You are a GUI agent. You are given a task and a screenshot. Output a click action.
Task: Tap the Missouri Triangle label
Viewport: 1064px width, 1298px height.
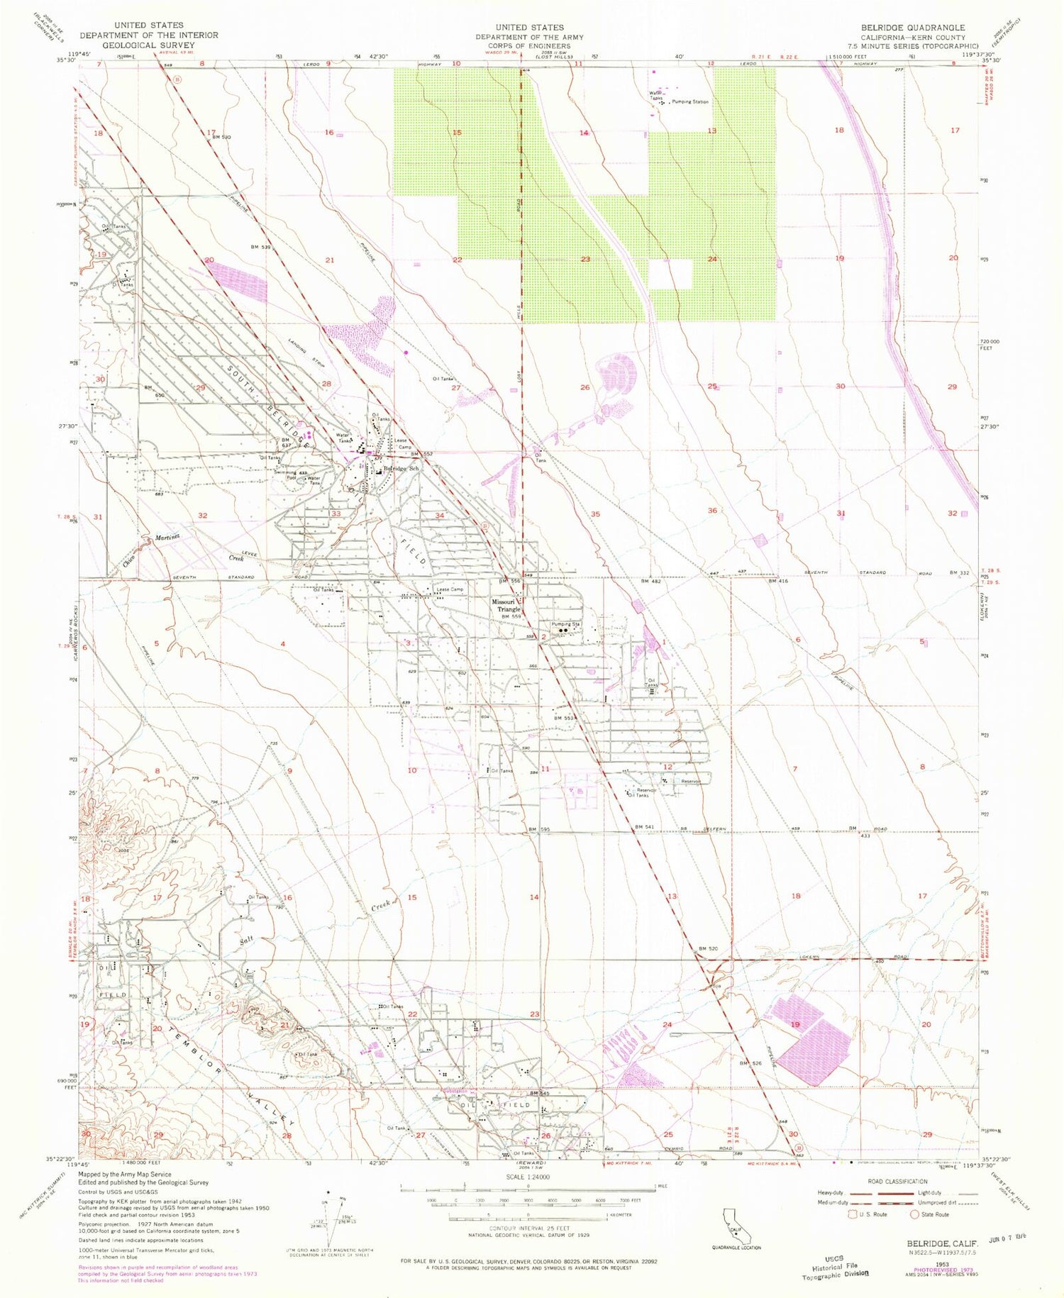click(507, 605)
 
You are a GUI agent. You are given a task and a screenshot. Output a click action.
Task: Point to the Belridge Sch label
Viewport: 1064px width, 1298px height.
click(401, 470)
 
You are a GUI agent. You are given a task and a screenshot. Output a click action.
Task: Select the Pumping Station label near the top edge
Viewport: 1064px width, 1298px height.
click(690, 102)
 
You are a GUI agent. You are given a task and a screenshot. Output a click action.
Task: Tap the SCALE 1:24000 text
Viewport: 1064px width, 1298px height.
click(529, 1177)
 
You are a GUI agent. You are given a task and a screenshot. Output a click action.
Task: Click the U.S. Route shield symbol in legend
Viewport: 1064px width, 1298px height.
click(842, 1214)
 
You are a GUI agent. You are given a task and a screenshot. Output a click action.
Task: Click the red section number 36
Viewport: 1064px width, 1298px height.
click(712, 511)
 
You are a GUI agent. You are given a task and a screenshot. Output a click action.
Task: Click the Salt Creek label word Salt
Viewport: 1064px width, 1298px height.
click(247, 941)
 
